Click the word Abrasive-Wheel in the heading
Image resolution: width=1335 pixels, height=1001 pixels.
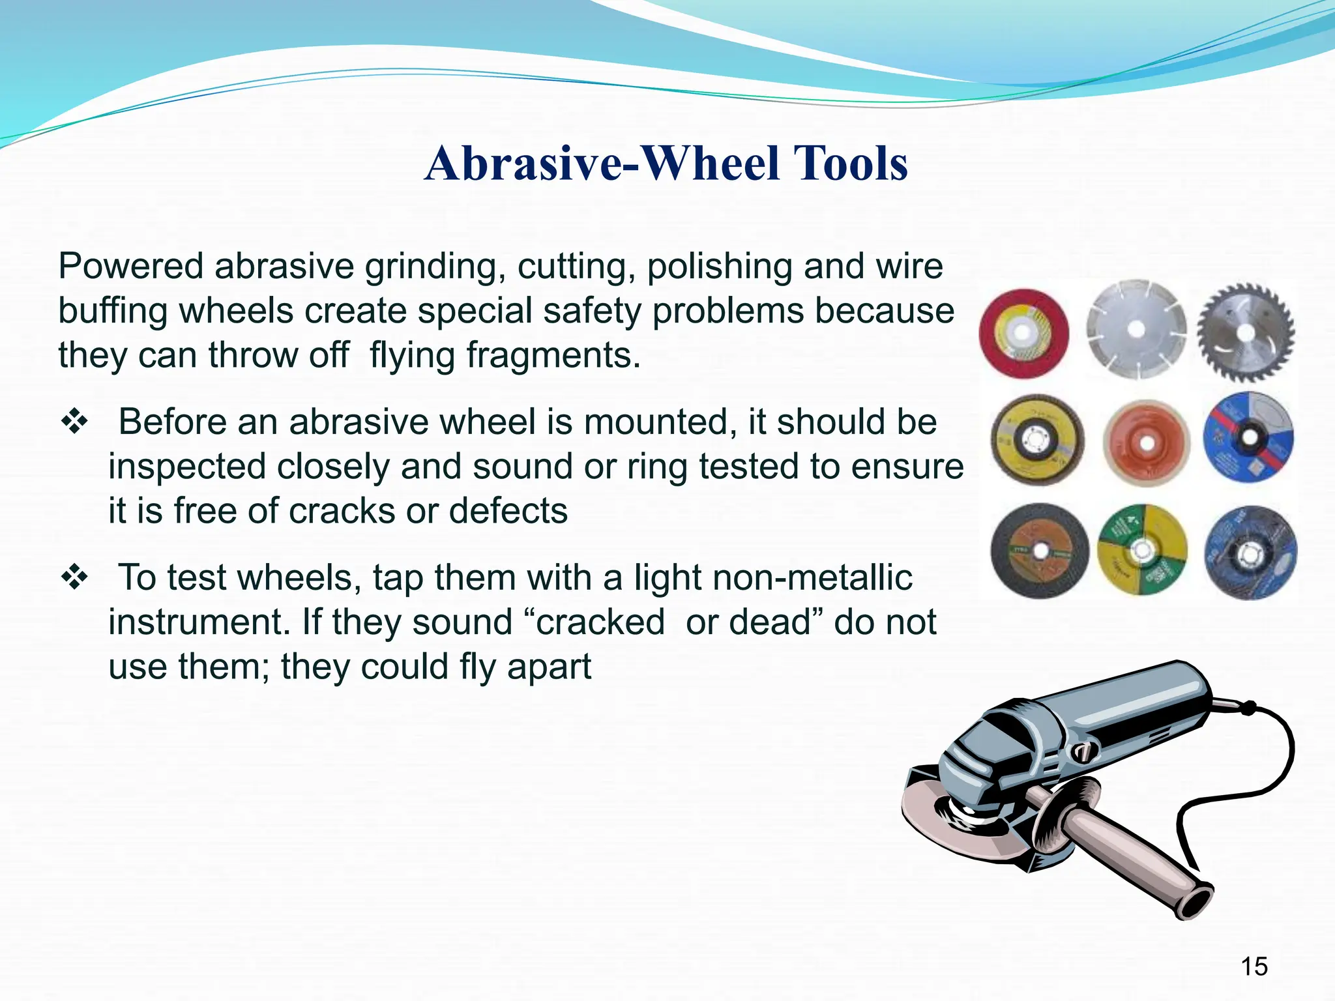click(x=600, y=163)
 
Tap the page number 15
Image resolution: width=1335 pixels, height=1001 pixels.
click(x=1254, y=966)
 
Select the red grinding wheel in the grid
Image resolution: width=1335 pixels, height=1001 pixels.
click(x=1023, y=334)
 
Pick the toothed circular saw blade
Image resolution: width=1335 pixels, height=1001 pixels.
click(x=1246, y=332)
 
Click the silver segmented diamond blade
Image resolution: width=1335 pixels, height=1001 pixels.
click(x=1136, y=330)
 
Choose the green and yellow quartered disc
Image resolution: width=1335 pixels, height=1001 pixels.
click(x=1142, y=550)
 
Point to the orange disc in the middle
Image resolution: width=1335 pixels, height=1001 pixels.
click(x=1147, y=443)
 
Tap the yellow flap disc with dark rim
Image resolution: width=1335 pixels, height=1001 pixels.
click(x=1036, y=441)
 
